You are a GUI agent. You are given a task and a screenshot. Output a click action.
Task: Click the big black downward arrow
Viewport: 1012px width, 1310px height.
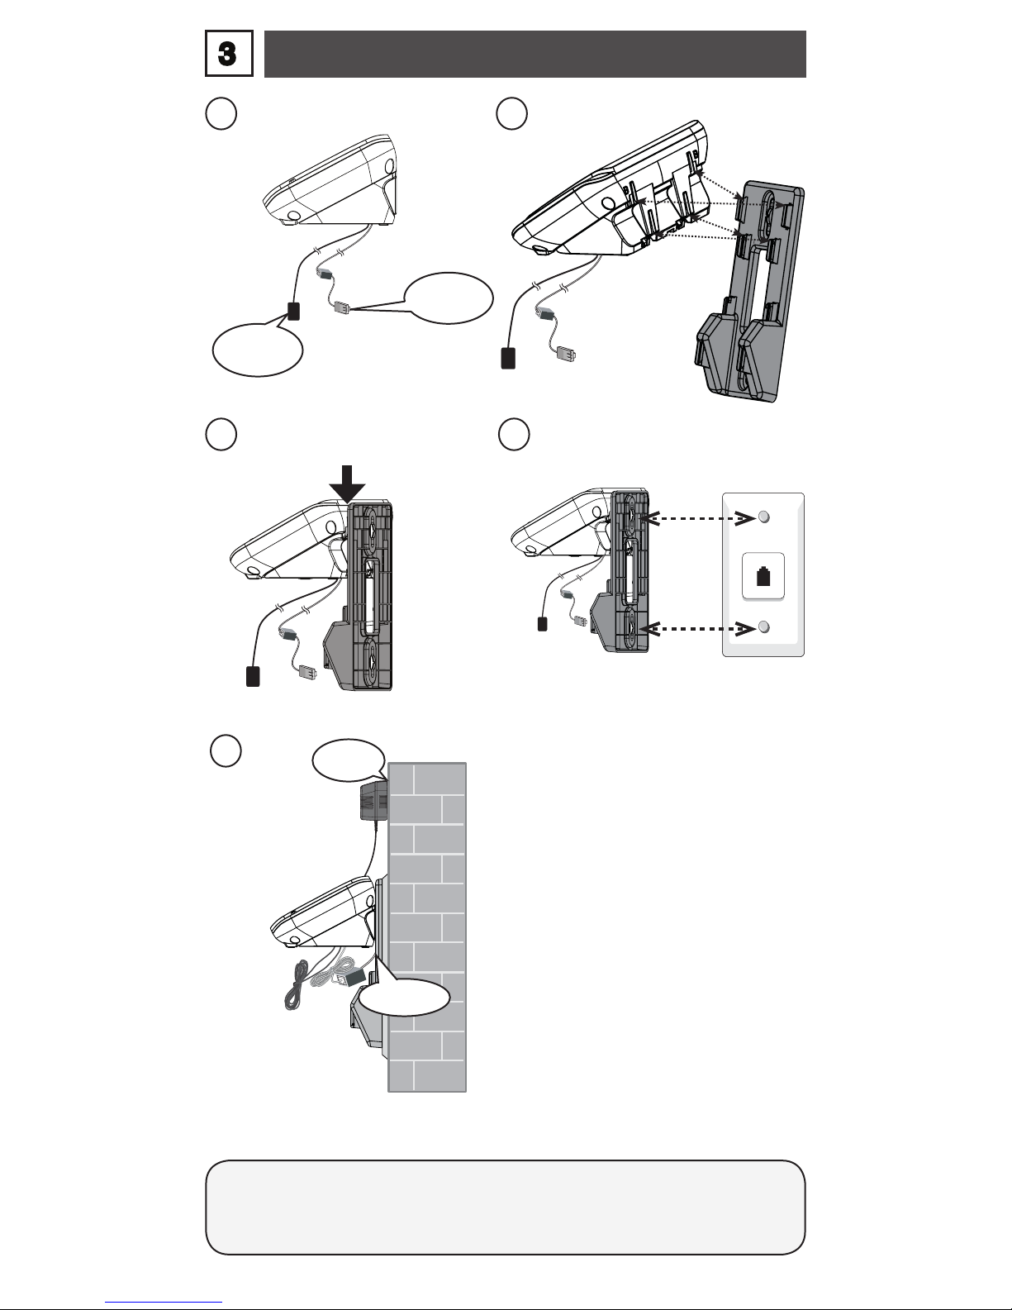(348, 484)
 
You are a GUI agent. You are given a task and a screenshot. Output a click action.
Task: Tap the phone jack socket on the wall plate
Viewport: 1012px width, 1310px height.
(763, 576)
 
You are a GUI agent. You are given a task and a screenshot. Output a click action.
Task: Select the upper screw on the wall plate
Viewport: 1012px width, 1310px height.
(764, 517)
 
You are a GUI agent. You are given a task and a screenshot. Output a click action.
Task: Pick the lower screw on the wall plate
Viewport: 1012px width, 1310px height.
(764, 627)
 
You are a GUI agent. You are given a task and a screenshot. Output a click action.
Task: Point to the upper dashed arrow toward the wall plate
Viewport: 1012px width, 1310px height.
(699, 518)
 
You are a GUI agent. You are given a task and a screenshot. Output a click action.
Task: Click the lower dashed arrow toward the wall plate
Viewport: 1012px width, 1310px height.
(699, 629)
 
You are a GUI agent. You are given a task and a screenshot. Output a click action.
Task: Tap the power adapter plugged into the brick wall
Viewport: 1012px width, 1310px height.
(373, 801)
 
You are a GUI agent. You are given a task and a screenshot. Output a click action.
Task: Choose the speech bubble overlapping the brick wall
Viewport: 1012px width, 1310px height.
(405, 996)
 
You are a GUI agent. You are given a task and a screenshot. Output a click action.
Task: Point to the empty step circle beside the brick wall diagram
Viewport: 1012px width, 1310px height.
(226, 751)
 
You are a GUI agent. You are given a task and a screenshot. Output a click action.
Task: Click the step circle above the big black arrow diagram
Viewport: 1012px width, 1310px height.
(221, 434)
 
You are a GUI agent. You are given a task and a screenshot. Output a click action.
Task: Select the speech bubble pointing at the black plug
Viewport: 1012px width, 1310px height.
(258, 349)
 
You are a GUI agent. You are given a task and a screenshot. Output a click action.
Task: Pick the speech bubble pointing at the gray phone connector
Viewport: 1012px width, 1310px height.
(448, 298)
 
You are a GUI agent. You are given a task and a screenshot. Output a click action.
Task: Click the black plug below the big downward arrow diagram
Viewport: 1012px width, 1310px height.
(253, 676)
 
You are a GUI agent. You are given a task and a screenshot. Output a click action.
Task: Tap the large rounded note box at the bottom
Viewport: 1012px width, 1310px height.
(506, 1207)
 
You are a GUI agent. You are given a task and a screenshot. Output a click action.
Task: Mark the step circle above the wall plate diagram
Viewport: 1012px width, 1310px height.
(514, 434)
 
